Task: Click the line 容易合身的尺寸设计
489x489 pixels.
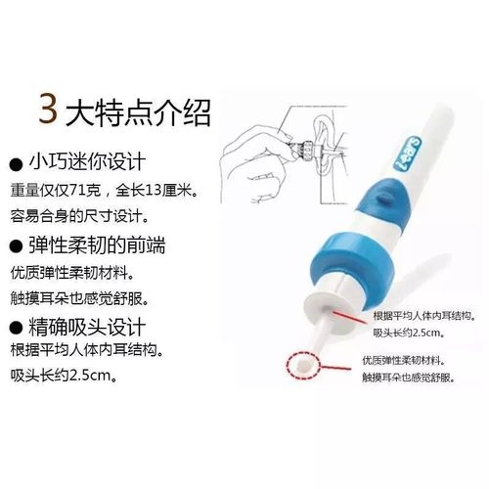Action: (80, 215)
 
